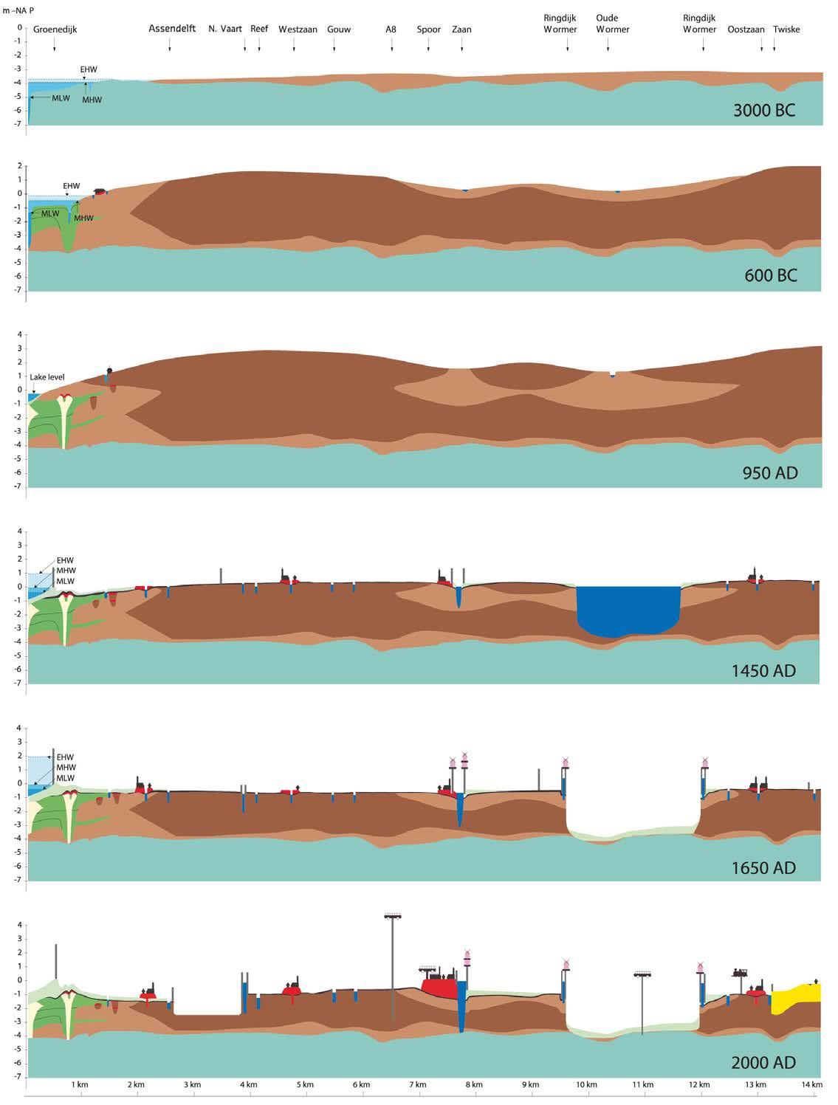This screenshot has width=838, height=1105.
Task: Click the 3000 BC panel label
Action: pyautogui.click(x=764, y=111)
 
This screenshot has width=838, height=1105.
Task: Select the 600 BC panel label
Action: pyautogui.click(x=770, y=276)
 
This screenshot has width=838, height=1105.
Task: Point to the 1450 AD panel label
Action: pyautogui.click(x=764, y=670)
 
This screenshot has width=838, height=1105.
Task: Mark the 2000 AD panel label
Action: pyautogui.click(x=763, y=1063)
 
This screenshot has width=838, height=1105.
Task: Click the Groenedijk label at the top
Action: pyautogui.click(x=55, y=30)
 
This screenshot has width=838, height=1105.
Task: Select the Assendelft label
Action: pyautogui.click(x=172, y=29)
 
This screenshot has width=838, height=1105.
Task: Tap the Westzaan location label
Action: pyautogui.click(x=298, y=30)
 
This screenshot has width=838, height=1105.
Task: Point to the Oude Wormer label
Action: pyautogui.click(x=612, y=24)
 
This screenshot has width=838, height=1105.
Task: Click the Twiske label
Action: pyautogui.click(x=786, y=30)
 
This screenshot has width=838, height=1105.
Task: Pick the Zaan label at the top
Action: pyautogui.click(x=461, y=30)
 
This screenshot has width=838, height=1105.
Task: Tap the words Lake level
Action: pyautogui.click(x=47, y=377)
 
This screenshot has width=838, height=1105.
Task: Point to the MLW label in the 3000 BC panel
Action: pyautogui.click(x=61, y=98)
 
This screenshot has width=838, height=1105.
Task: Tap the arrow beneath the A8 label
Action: pyautogui.click(x=391, y=48)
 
